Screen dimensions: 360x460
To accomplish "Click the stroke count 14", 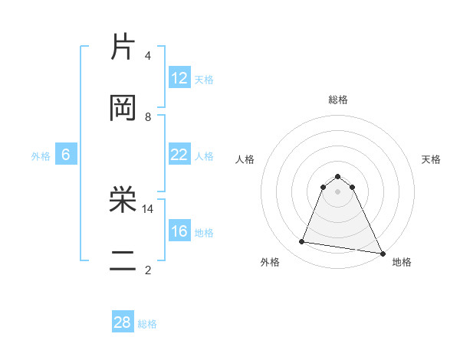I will pyautogui.click(x=148, y=208).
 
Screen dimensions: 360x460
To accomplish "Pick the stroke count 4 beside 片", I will pyautogui.click(x=148, y=55).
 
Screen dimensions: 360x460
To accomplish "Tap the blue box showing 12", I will pyautogui.click(x=179, y=78).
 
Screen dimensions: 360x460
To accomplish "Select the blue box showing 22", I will pyautogui.click(x=179, y=155).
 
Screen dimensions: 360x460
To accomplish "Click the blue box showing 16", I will pyautogui.click(x=179, y=231).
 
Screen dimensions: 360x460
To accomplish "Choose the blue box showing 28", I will pyautogui.click(x=123, y=322).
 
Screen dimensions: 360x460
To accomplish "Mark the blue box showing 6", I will pyautogui.click(x=66, y=155).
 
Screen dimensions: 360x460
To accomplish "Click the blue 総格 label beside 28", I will pyautogui.click(x=148, y=324).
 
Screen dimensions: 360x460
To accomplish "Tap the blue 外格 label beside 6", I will pyautogui.click(x=41, y=156).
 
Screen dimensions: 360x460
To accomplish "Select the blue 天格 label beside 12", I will pyautogui.click(x=204, y=80).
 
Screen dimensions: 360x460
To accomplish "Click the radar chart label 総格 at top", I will pyautogui.click(x=338, y=100).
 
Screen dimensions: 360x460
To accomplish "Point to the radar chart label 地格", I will pyautogui.click(x=402, y=262).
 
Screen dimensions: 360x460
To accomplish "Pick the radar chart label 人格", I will pyautogui.click(x=245, y=159).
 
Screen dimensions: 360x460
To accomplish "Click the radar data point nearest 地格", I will pyautogui.click(x=382, y=253).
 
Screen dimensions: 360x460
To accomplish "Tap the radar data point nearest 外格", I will pyautogui.click(x=301, y=242).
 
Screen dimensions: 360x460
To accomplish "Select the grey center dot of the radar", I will pyautogui.click(x=338, y=191).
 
